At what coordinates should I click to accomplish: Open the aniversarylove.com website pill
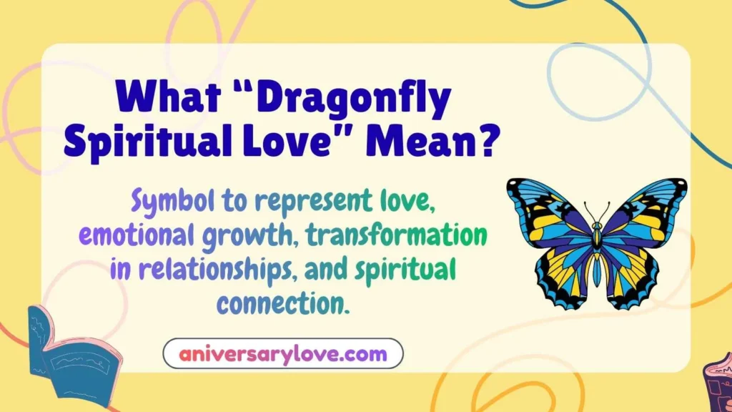tap(283, 353)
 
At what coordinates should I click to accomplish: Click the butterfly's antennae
tap(597, 212)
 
